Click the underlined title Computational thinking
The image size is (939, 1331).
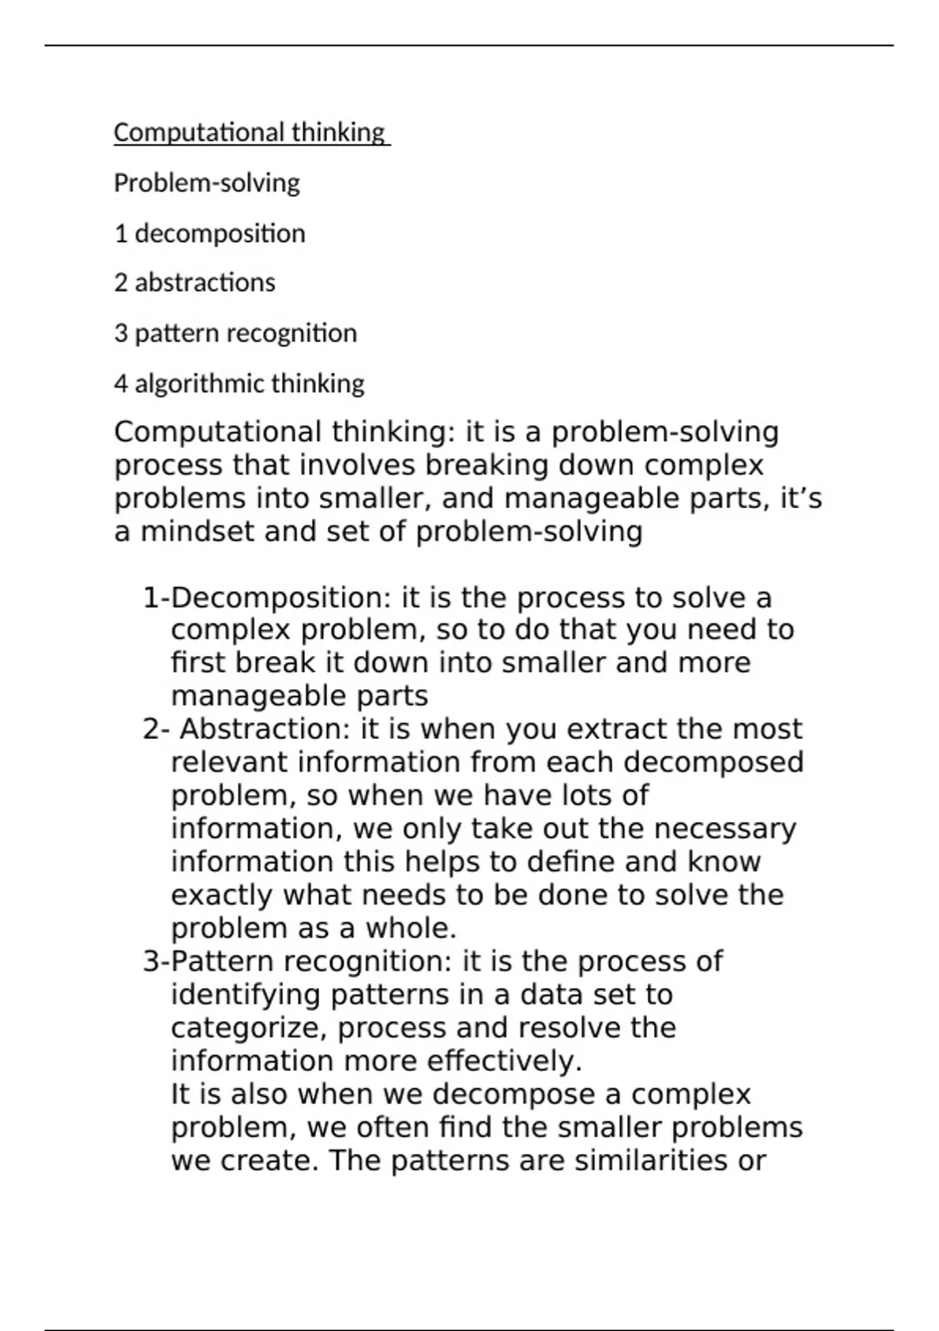pos(250,132)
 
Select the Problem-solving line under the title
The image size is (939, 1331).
pos(207,183)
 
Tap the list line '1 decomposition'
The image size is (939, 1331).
pos(210,233)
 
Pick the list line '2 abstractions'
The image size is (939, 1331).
pos(195,283)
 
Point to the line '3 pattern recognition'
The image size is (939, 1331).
pos(236,334)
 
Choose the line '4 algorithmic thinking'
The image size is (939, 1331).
pos(239,384)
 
